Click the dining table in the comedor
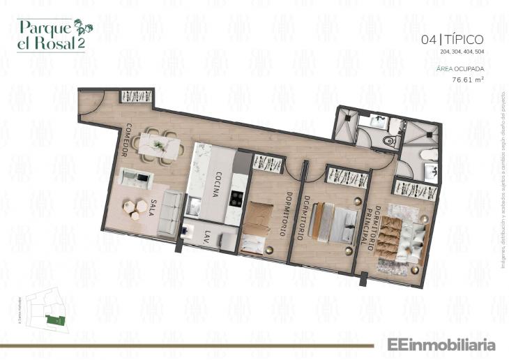[158, 146]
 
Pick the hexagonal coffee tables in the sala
[135, 207]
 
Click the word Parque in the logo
[43, 27]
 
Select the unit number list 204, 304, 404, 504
[462, 52]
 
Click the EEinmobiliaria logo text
[436, 345]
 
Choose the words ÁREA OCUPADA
[460, 68]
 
